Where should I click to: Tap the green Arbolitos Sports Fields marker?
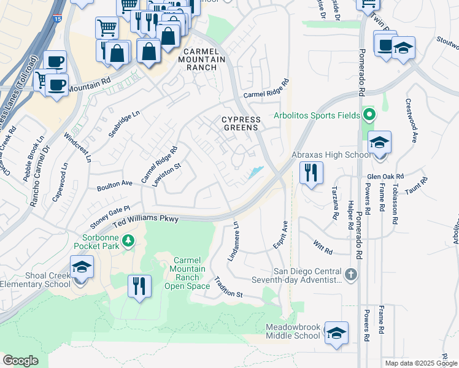368,114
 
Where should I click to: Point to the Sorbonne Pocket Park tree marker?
128,240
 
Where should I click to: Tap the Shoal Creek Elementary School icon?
81,269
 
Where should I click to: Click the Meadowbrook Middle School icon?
336,333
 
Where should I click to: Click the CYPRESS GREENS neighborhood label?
241,124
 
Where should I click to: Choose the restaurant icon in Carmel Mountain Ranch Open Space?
139,286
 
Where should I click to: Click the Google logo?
20,360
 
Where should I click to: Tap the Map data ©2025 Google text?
420,363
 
